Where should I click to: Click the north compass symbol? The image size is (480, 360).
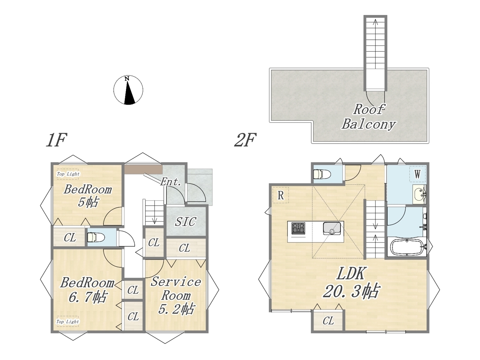point(128,90)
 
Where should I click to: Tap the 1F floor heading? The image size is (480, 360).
point(56,140)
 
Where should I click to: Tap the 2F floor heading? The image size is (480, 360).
point(245,140)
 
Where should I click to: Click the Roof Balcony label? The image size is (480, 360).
point(369,117)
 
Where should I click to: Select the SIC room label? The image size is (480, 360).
point(186,222)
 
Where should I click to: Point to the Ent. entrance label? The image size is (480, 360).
point(171,182)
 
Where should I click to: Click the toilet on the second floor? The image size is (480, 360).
point(322,174)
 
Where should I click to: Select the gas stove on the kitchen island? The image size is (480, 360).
point(298,229)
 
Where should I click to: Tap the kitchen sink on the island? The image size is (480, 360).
point(332,229)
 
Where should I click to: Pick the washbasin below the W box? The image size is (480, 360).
point(419,194)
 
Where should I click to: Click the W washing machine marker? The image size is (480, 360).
point(417,174)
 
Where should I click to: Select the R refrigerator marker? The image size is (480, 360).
point(280,195)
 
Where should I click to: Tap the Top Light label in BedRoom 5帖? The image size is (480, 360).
point(68,174)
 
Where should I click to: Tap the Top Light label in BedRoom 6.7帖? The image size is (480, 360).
point(67,321)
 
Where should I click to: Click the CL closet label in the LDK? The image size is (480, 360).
point(328,321)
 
